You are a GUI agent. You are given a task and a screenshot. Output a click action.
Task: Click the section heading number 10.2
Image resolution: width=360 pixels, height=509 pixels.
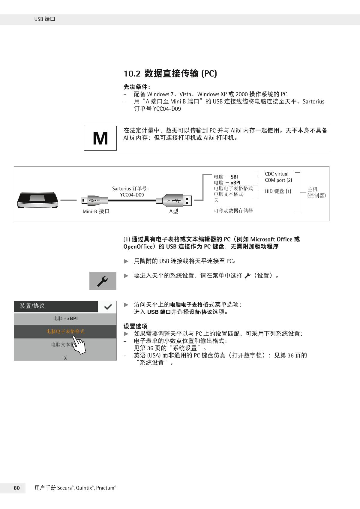pos(132,73)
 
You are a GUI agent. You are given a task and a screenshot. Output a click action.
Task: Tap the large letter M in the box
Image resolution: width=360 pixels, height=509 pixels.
pos(100,138)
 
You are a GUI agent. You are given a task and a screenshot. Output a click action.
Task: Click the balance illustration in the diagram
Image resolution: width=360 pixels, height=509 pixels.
pos(38,199)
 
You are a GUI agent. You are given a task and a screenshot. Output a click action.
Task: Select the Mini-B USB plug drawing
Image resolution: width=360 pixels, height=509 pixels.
pos(94,200)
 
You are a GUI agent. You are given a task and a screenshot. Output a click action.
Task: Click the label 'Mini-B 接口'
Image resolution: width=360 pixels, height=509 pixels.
pos(96,211)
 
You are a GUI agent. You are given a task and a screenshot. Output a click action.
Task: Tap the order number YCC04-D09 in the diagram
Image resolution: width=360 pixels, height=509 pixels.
pos(132,195)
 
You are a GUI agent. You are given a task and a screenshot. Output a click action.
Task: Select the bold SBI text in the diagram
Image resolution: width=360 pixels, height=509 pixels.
pos(234,177)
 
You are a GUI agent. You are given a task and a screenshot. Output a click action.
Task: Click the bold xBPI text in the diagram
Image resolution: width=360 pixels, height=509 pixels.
pos(235,183)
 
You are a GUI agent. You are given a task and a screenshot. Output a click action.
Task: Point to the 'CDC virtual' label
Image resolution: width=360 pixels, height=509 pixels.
pos(276,174)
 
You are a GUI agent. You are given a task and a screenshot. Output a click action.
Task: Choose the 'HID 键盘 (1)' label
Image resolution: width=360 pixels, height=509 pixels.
pos(278,191)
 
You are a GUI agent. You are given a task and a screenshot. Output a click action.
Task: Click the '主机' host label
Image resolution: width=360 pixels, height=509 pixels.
pos(313,189)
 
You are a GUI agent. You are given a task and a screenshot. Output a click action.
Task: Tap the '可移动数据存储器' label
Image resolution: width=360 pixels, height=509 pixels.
pos(233,211)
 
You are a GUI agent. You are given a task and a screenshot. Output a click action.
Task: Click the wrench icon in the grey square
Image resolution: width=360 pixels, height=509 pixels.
pos(103,281)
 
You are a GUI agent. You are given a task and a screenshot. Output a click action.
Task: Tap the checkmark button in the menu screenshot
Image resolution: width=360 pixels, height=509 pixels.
pos(107,307)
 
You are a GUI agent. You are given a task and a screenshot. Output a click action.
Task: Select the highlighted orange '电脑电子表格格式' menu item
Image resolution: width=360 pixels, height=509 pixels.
pos(65,331)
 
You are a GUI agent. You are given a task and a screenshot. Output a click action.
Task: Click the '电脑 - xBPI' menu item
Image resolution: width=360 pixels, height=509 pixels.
pos(65,319)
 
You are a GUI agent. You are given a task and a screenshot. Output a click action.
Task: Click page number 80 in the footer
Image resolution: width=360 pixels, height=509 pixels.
pos(17,488)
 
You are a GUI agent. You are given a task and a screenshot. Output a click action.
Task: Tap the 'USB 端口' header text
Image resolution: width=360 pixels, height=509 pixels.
pos(45,19)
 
